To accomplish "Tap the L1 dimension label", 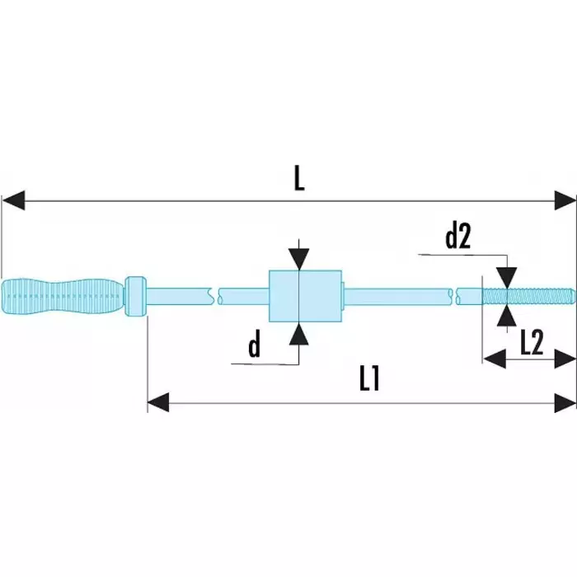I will pyautogui.click(x=368, y=378).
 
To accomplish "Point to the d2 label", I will pyautogui.click(x=457, y=237).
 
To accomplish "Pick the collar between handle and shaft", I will pyautogui.click(x=137, y=295).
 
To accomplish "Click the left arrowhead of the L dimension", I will pyautogui.click(x=13, y=199).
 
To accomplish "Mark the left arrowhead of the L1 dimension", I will pyautogui.click(x=158, y=403).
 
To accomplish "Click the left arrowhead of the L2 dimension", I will pyautogui.click(x=493, y=359).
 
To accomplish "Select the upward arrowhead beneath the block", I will pyautogui.click(x=298, y=331).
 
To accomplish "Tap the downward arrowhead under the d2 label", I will pyautogui.click(x=507, y=274).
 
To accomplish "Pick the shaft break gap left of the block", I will pyautogui.click(x=215, y=294).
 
